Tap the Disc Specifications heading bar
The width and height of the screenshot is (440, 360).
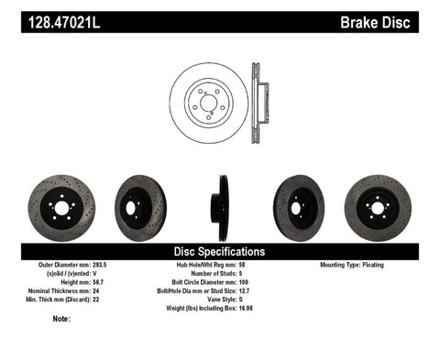click(x=220, y=250)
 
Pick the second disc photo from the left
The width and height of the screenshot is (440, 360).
click(x=138, y=208)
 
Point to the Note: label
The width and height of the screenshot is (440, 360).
click(x=63, y=320)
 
